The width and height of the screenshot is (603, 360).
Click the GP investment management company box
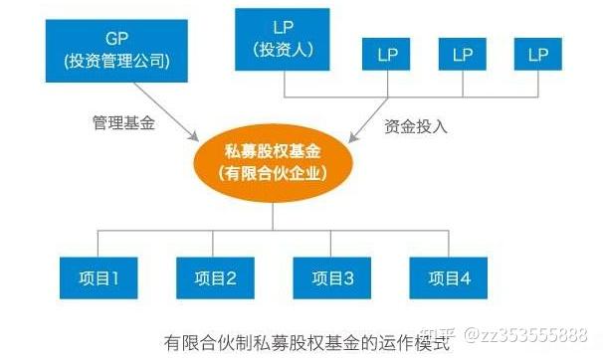[116, 51]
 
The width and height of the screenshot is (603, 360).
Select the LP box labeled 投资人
[283, 40]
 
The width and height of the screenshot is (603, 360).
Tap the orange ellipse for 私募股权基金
[273, 163]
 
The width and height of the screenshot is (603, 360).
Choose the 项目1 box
[99, 277]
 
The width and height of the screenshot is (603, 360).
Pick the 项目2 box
[215, 277]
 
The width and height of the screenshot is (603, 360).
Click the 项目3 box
[332, 277]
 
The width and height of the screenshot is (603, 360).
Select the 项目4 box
[449, 277]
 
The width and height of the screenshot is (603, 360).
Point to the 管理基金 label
[123, 122]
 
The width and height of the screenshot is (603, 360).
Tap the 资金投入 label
[416, 126]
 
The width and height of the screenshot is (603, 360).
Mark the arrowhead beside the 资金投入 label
[353, 137]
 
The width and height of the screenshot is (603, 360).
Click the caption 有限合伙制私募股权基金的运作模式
[306, 342]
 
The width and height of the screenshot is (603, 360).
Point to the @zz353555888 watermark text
[525, 335]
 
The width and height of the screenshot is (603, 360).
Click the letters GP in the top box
[116, 39]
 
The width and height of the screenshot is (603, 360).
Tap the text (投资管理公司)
[116, 61]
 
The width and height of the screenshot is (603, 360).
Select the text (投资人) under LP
[283, 50]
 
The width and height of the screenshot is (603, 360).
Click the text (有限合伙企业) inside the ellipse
[273, 174]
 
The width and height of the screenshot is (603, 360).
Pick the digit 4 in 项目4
[466, 278]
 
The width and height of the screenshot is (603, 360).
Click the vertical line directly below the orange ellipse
[273, 216]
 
